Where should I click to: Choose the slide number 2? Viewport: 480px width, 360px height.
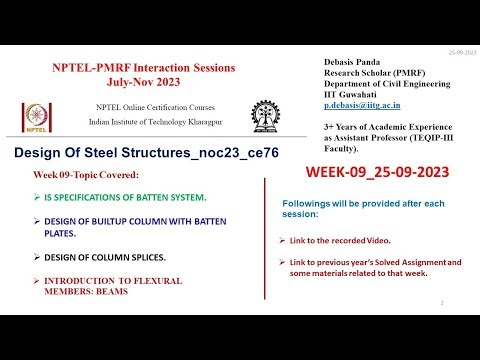(441, 301)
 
